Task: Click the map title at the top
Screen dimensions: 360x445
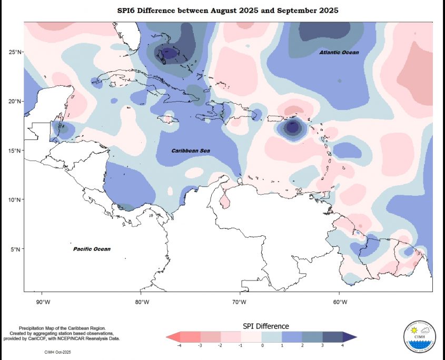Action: tap(228, 11)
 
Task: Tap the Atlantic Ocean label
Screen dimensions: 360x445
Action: tap(339, 53)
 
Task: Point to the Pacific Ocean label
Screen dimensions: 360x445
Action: tap(92, 249)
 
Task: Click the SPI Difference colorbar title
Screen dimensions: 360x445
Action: tap(265, 326)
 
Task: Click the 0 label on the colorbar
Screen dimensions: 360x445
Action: tap(262, 346)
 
